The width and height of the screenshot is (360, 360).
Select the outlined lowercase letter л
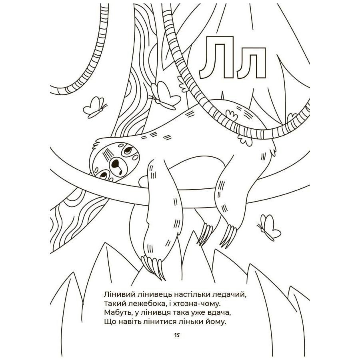[x=252, y=66]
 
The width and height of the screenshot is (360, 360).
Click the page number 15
[x=177, y=335]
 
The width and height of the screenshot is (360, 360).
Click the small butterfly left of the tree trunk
[x=94, y=107]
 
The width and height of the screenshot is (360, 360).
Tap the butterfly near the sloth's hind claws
[x=269, y=227]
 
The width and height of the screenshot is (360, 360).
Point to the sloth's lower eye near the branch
[x=103, y=175]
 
